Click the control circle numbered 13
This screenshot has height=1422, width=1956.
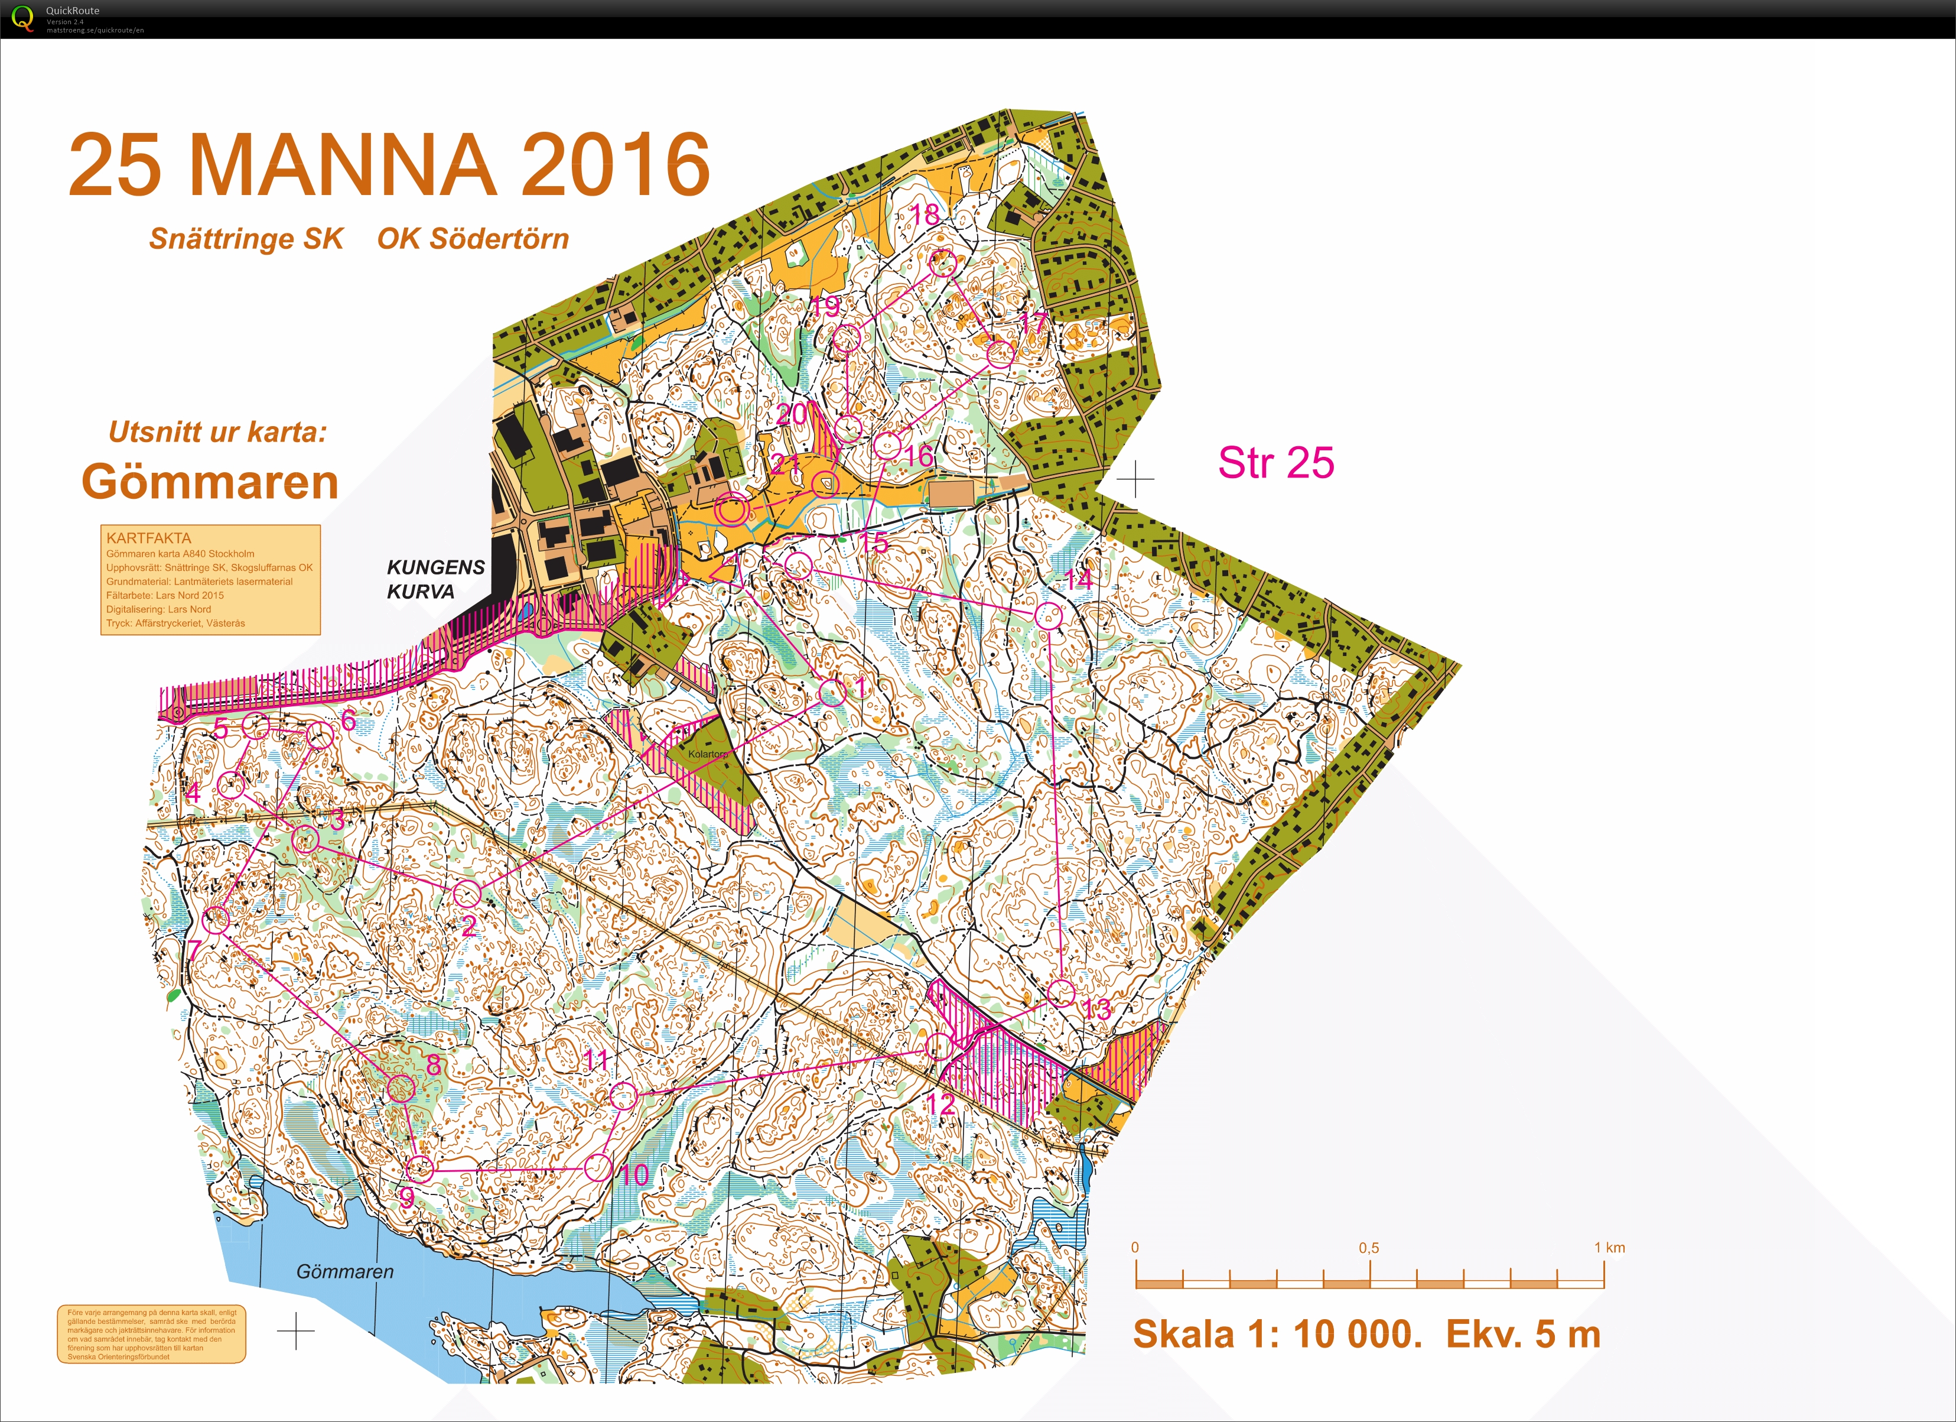(x=1062, y=993)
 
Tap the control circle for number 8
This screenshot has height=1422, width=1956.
(x=400, y=1088)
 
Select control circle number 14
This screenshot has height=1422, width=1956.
(x=1048, y=616)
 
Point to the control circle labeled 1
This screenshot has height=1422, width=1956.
(x=832, y=692)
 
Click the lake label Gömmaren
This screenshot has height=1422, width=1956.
(x=345, y=1271)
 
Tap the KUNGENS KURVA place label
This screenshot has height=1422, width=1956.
(x=435, y=579)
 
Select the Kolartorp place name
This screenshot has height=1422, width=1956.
(x=707, y=754)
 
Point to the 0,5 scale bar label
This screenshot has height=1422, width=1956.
(x=1369, y=1248)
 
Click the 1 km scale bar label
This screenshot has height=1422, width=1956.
(x=1609, y=1248)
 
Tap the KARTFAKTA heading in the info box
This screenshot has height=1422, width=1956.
(x=148, y=538)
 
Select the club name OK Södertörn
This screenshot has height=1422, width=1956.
(x=473, y=239)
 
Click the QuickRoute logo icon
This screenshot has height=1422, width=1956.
(x=22, y=18)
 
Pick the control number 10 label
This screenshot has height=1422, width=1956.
(x=634, y=1174)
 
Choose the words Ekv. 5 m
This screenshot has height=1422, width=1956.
(x=1523, y=1335)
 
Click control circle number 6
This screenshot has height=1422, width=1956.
(x=319, y=736)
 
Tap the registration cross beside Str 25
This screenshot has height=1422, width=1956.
(x=1135, y=479)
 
